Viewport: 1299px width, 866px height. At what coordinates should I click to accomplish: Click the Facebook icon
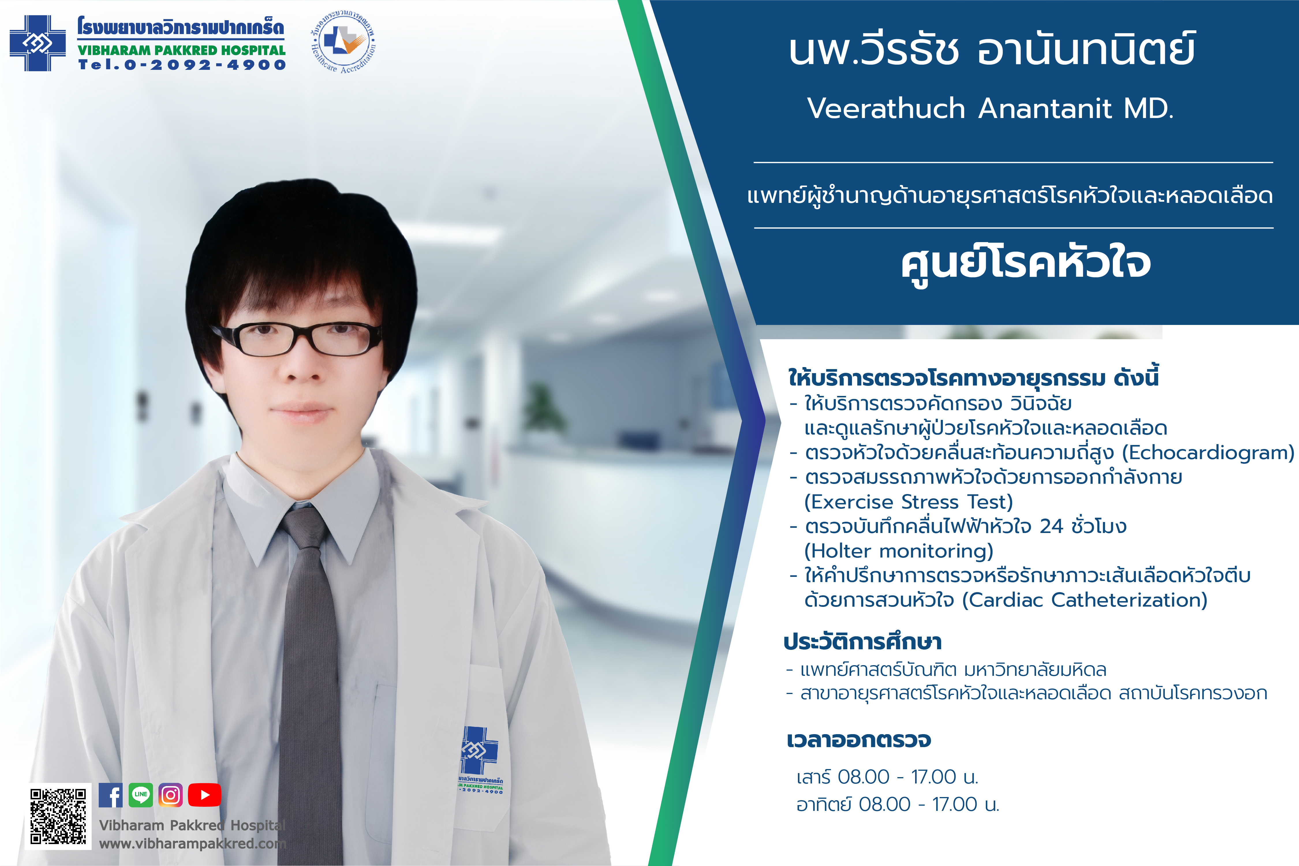coord(111,795)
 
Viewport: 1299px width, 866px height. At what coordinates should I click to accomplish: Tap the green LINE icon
coord(141,795)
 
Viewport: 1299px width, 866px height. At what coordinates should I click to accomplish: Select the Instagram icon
coord(171,795)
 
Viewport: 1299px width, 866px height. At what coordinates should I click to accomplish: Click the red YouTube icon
coord(204,795)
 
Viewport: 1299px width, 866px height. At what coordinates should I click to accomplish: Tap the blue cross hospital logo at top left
coord(38,43)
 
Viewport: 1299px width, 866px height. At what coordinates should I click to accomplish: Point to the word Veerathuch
coord(886,108)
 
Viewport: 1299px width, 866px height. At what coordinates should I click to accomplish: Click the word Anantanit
coord(1045,108)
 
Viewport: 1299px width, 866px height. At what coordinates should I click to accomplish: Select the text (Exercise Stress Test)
coord(909,502)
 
